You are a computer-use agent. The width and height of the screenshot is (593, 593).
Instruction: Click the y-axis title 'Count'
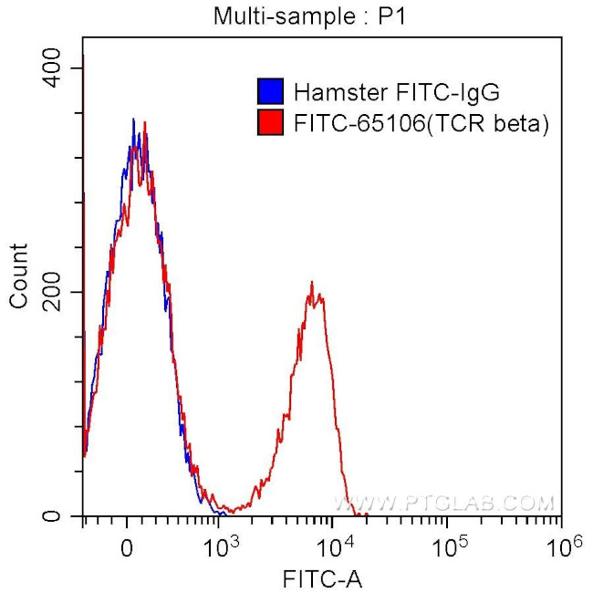17,276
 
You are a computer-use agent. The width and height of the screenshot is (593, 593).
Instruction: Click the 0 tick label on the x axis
128,546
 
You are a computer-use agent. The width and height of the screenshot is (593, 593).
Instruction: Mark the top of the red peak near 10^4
312,283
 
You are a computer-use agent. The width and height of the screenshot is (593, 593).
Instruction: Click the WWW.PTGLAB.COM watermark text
443,503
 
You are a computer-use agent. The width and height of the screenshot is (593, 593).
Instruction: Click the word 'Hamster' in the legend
330,91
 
